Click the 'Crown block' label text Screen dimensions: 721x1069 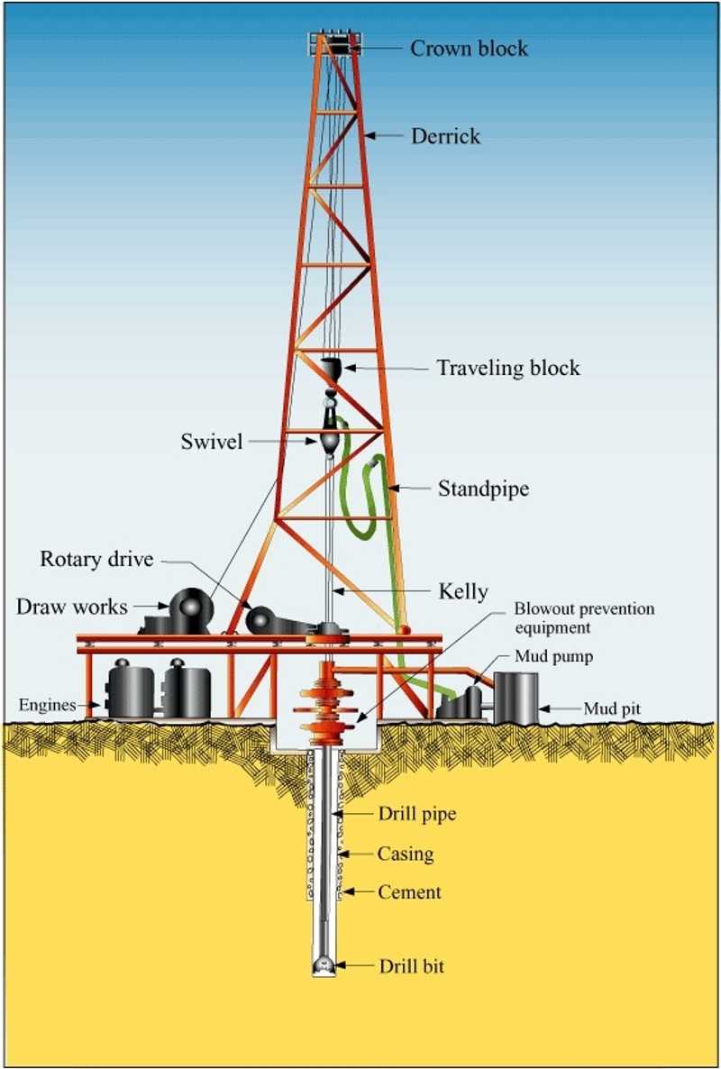pyautogui.click(x=469, y=48)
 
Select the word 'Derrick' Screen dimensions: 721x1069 pyautogui.click(x=446, y=136)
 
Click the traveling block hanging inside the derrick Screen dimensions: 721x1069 pyautogui.click(x=331, y=368)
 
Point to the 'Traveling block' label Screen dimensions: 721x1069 pyautogui.click(x=508, y=368)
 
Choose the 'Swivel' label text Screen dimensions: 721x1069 pyautogui.click(x=211, y=441)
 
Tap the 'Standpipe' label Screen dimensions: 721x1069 pyautogui.click(x=483, y=489)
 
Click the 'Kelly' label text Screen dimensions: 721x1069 pyautogui.click(x=462, y=591)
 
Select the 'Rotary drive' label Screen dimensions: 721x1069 pyautogui.click(x=96, y=559)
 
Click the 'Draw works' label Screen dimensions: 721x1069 pyautogui.click(x=71, y=606)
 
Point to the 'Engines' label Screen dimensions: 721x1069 pyautogui.click(x=47, y=705)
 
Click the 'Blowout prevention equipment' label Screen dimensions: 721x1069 pyautogui.click(x=584, y=617)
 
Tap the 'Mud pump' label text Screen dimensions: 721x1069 pyautogui.click(x=554, y=656)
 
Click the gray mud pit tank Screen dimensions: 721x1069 pyautogui.click(x=516, y=698)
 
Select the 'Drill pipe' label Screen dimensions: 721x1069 pyautogui.click(x=417, y=814)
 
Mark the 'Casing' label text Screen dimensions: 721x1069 pyautogui.click(x=406, y=854)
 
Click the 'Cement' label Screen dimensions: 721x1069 pyautogui.click(x=409, y=891)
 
